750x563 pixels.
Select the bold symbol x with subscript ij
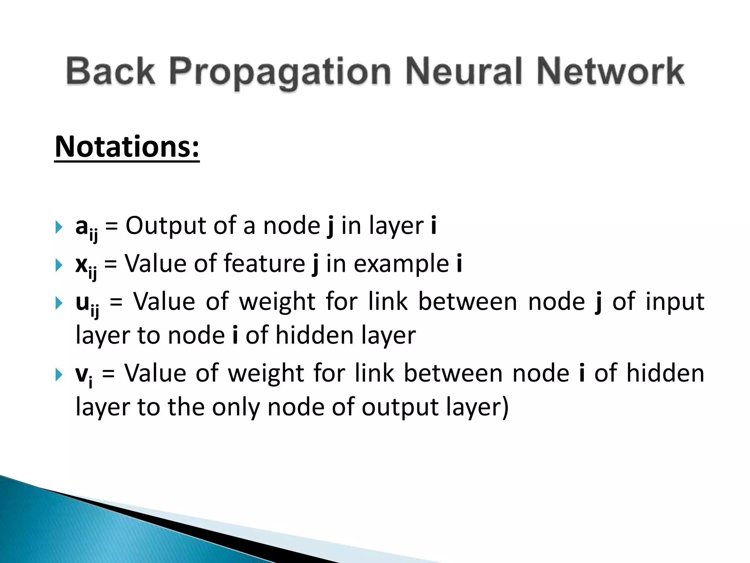[x=86, y=266]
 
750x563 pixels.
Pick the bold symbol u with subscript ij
[x=87, y=304]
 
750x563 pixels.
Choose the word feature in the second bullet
[x=264, y=263]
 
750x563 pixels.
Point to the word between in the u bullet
[x=468, y=301]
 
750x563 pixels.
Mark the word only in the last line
[x=236, y=408]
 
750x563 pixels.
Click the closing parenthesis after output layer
[x=505, y=408]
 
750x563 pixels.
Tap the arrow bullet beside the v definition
[x=59, y=375]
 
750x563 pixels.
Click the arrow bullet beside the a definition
[x=59, y=227]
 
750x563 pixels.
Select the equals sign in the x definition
[x=110, y=264]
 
